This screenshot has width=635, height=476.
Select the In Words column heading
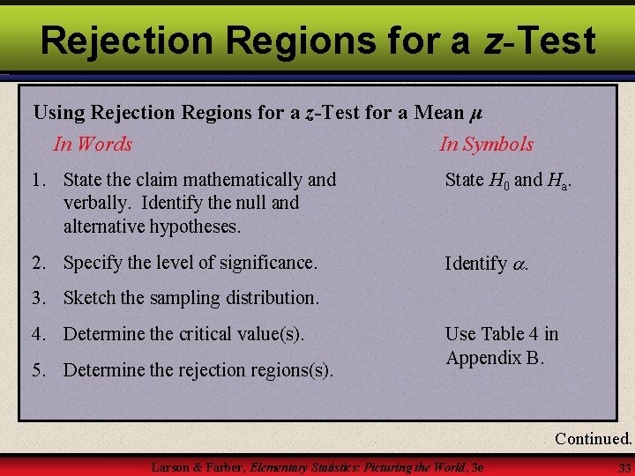coord(93,144)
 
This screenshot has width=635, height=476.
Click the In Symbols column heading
coord(487,144)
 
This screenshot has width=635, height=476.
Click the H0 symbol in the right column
coord(499,181)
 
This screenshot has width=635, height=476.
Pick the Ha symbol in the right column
coord(558,181)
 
